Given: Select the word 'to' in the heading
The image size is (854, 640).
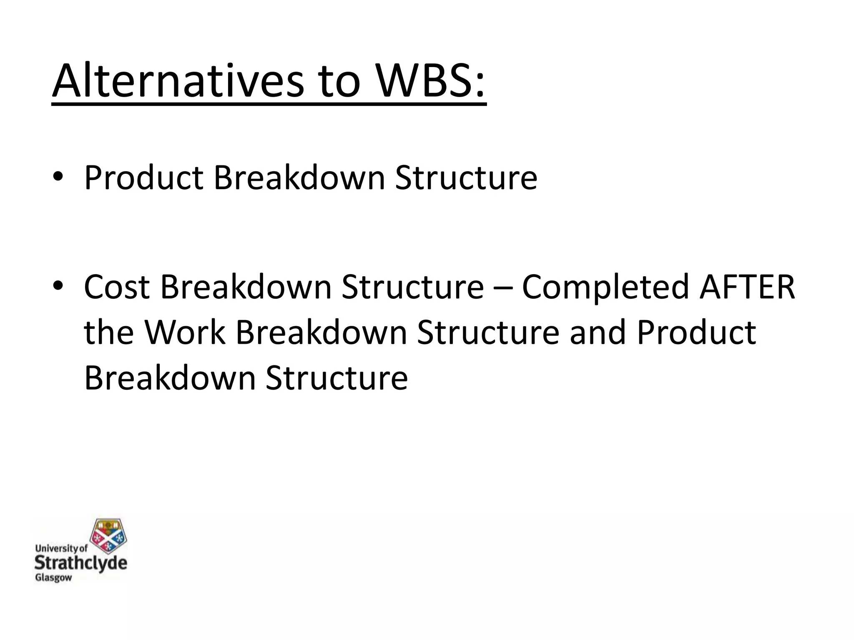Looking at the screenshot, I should click(338, 81).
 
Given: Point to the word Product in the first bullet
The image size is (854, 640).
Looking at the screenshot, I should click(143, 178).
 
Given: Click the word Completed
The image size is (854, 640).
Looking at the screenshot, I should click(605, 287).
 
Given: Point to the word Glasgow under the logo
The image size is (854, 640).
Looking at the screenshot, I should click(53, 578).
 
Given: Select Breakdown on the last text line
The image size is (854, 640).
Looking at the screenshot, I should click(170, 378).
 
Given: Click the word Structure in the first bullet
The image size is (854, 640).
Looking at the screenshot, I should click(466, 178).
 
